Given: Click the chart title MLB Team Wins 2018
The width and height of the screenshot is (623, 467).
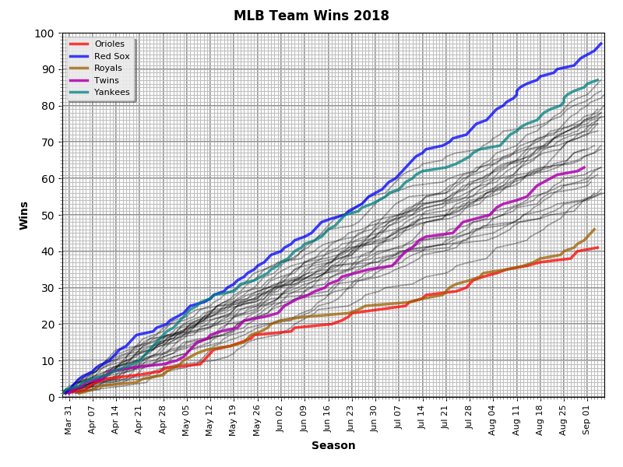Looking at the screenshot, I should pos(311,16).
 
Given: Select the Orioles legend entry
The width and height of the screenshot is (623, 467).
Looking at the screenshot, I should pos(109,44).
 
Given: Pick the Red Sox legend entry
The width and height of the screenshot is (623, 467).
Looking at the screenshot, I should pos(111,56).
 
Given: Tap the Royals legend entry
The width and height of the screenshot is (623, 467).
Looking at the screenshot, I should pos(108,68).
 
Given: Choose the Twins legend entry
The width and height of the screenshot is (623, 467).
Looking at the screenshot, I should pos(107,80).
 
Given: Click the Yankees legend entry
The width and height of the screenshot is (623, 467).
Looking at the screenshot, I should pos(111,92).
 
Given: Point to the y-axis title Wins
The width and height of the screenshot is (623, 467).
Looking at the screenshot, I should pos(24,215).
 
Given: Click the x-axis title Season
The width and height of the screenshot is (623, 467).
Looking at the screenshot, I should pos(333,446).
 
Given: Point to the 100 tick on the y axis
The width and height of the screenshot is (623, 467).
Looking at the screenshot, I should pos(44,33).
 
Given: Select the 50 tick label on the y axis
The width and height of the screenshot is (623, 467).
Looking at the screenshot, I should pos(47,215).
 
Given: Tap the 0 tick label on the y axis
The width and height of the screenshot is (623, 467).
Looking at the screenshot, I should pos(50,397).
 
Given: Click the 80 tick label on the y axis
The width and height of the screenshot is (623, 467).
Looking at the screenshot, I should pos(47,106).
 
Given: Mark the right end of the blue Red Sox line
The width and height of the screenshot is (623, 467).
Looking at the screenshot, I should pos(601,44).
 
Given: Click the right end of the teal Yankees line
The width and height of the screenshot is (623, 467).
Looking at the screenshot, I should pos(597,80).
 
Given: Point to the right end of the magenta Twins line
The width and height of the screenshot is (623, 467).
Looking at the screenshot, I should pos(584,167).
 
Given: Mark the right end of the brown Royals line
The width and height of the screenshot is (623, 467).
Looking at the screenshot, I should pos(594,229).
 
